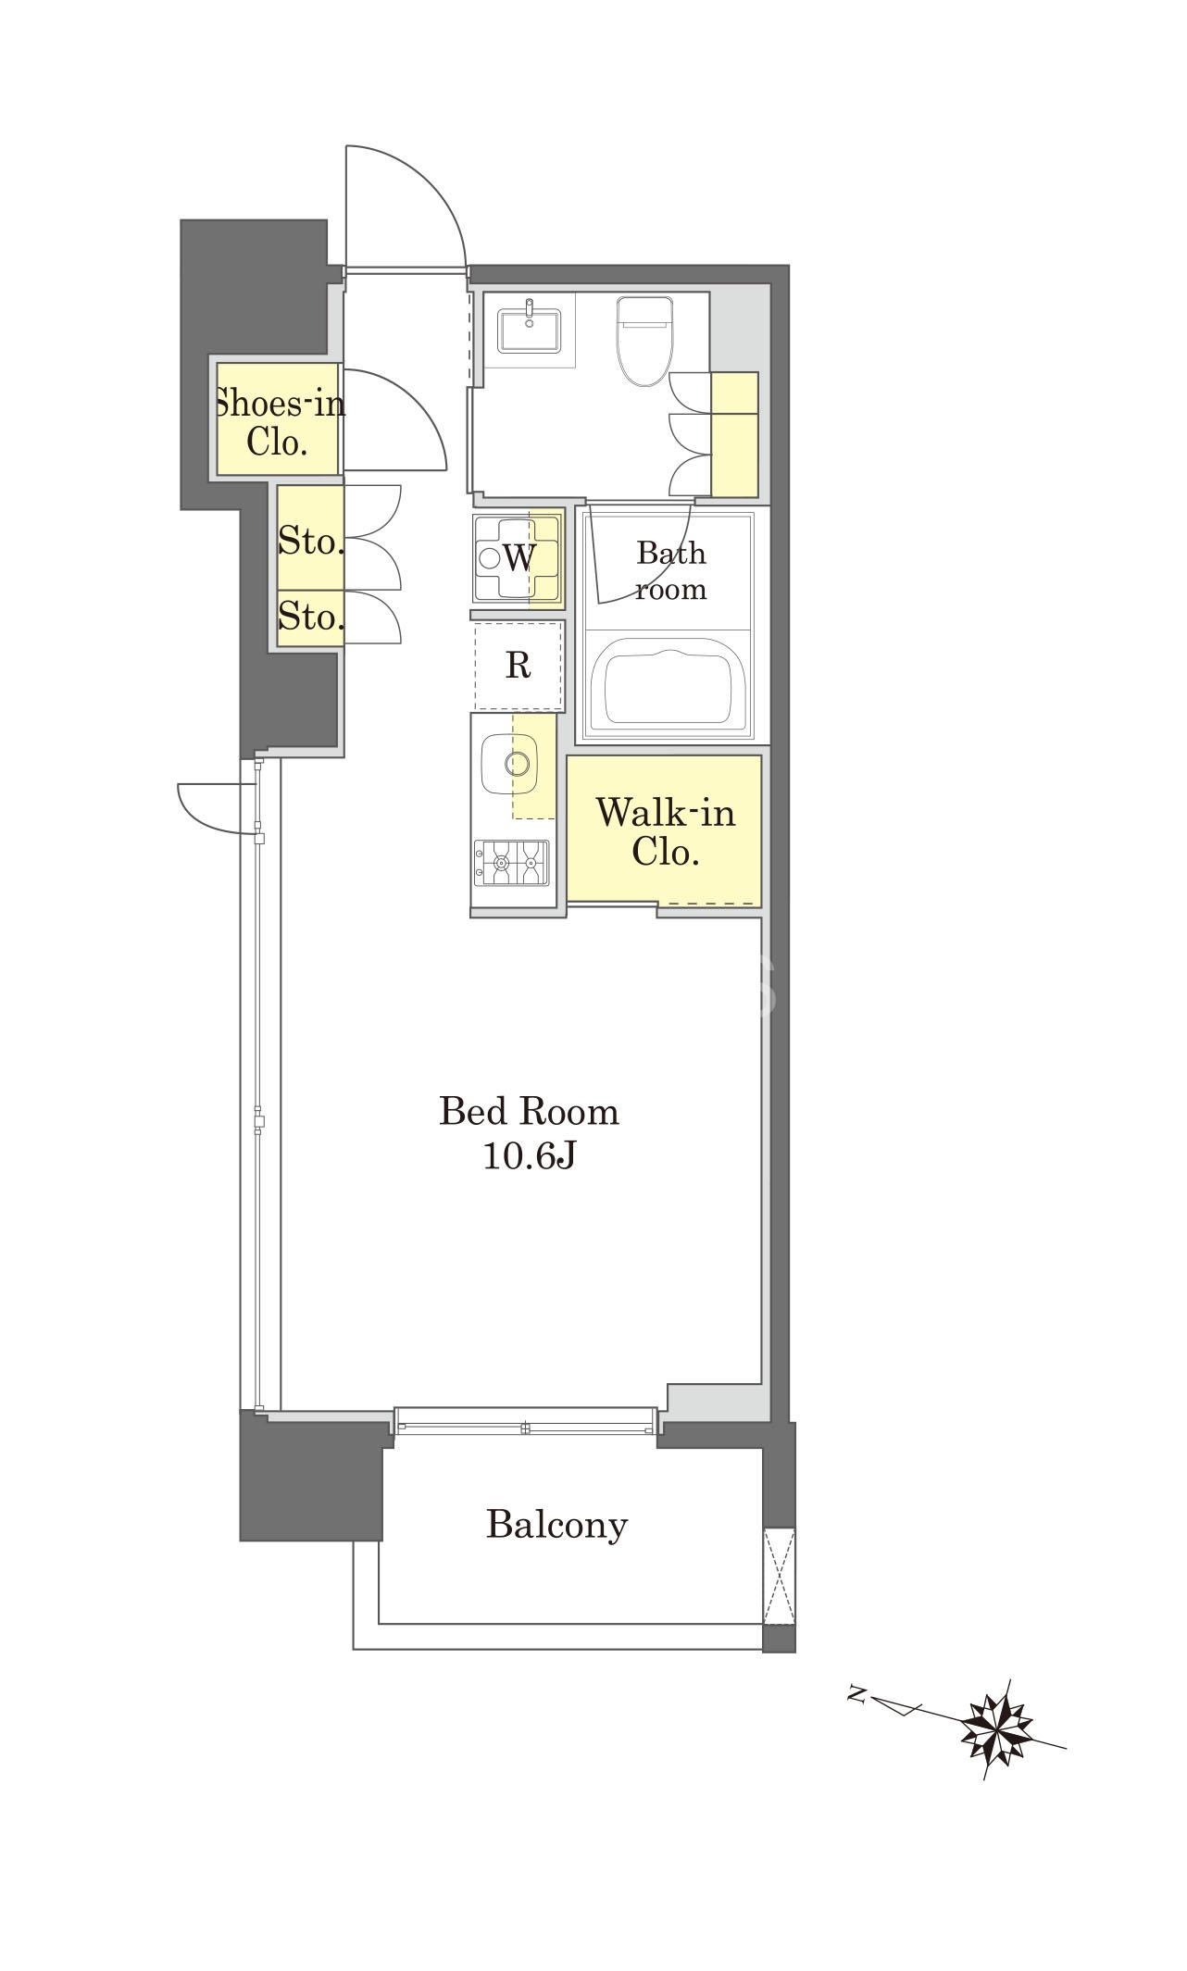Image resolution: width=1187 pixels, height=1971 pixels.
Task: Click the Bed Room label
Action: (x=529, y=1111)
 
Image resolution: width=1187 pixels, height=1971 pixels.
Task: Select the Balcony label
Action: (x=556, y=1525)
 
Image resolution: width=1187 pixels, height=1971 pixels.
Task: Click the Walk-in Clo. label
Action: (x=665, y=831)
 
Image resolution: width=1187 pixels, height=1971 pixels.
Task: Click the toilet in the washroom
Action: (x=643, y=341)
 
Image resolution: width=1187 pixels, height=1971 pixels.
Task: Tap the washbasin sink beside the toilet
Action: (x=529, y=330)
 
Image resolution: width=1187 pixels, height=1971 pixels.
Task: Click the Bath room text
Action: (x=671, y=570)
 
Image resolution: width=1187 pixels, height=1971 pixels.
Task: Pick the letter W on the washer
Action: (x=519, y=557)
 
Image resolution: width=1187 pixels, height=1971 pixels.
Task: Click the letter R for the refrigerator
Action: (x=518, y=665)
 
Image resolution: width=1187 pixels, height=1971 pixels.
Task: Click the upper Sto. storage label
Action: (x=311, y=541)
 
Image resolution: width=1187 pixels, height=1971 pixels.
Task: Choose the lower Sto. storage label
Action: (x=311, y=616)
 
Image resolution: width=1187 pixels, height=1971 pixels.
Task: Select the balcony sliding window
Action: (x=525, y=1420)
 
